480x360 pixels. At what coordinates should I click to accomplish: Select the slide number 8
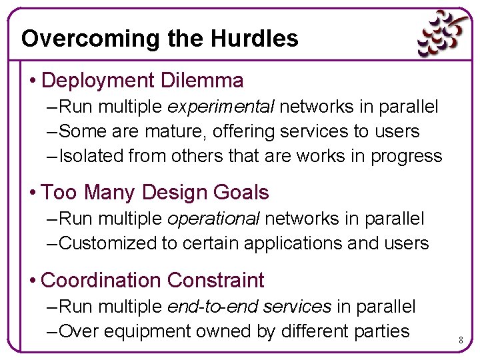click(461, 341)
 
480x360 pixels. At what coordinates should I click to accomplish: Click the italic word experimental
click(221, 107)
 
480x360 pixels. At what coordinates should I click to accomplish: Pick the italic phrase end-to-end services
click(249, 307)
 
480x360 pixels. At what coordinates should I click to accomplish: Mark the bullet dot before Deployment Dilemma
click(33, 81)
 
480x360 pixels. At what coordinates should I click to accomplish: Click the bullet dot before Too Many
click(33, 193)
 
